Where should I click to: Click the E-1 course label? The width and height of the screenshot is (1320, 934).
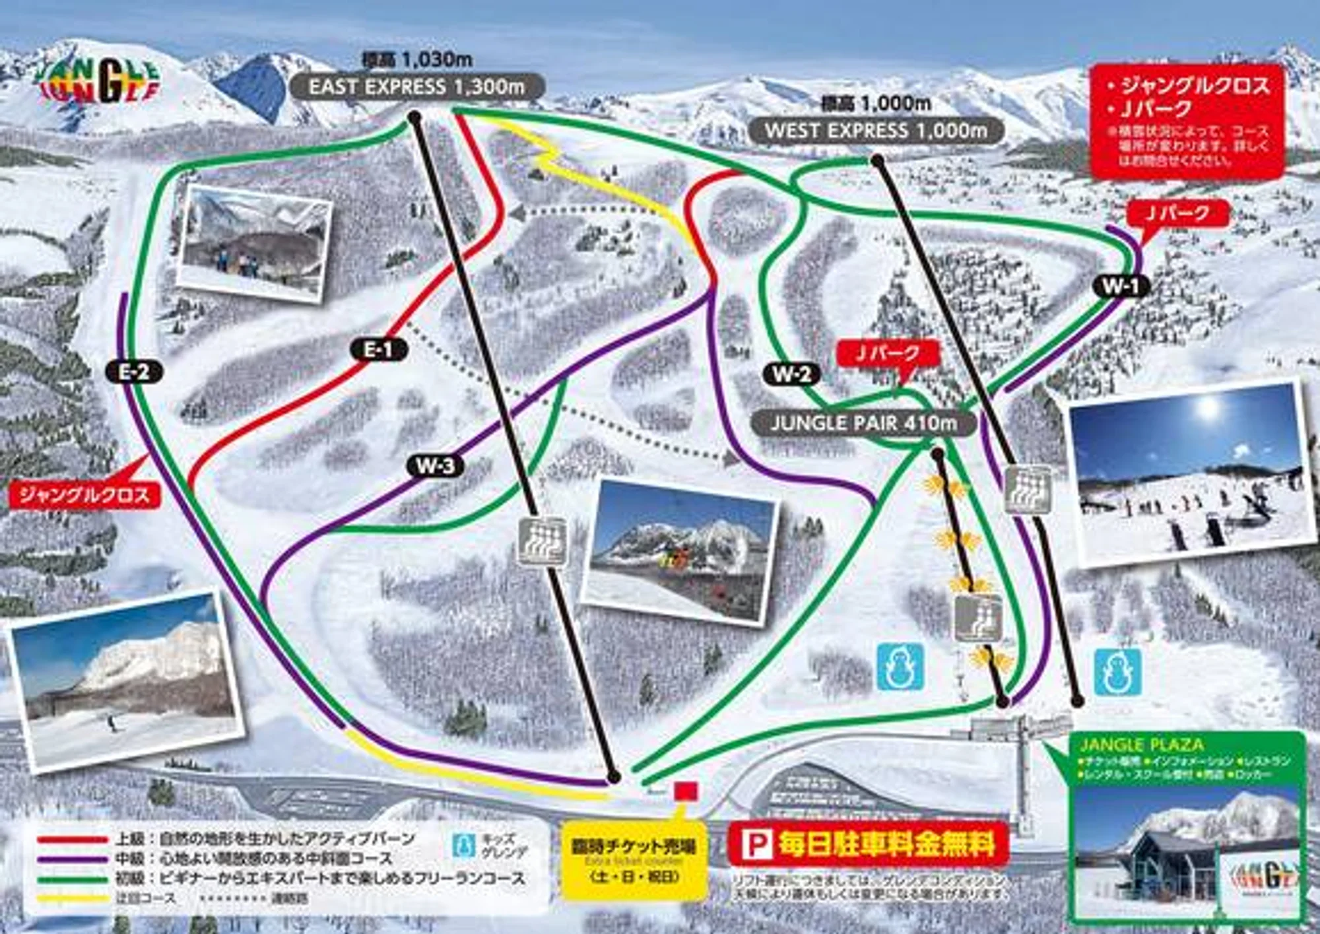click(378, 349)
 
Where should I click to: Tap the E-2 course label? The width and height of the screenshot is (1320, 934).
click(134, 372)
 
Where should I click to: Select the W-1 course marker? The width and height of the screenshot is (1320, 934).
click(1121, 286)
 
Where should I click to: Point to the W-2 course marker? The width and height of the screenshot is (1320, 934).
click(791, 374)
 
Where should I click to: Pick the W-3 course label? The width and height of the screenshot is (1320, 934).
click(436, 466)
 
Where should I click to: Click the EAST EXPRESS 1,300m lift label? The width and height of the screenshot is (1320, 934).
click(417, 87)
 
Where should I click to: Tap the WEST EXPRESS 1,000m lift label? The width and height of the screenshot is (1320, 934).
click(876, 131)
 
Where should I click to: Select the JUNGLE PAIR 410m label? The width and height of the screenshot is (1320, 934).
click(863, 423)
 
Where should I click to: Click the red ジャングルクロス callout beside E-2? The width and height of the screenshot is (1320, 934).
click(84, 495)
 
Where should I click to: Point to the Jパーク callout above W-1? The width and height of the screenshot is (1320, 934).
click(1178, 213)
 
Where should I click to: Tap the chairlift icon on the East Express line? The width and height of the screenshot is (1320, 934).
click(542, 541)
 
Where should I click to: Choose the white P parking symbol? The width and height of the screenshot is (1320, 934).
click(756, 844)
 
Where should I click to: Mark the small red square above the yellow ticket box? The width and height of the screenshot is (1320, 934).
click(686, 791)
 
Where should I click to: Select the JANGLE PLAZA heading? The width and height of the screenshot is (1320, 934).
click(1142, 745)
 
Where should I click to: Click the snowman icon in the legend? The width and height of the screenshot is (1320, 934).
click(464, 846)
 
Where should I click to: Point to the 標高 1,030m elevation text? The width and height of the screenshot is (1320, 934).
click(417, 60)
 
